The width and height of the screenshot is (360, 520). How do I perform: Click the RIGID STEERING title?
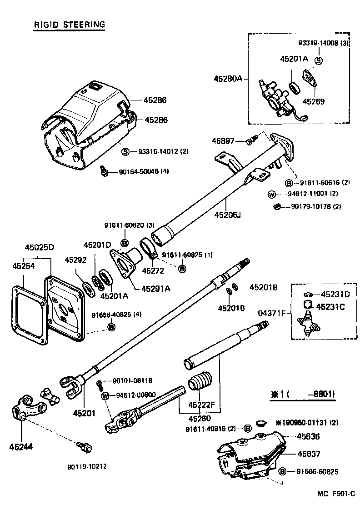pyautogui.click(x=69, y=25)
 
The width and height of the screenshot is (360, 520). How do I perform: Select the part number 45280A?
pyautogui.click(x=229, y=79)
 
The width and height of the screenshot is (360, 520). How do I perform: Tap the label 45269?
pyautogui.click(x=313, y=102)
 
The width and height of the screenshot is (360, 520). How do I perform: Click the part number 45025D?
pyautogui.click(x=39, y=247)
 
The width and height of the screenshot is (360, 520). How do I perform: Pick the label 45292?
pyautogui.click(x=75, y=260)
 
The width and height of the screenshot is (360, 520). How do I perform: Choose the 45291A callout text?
pyautogui.click(x=155, y=288)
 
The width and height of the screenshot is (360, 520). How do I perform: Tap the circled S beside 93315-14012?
pyautogui.click(x=125, y=151)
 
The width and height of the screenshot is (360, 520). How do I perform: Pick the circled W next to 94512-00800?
pyautogui.click(x=105, y=395)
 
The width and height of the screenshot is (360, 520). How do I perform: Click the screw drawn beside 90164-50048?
pyautogui.click(x=105, y=171)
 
